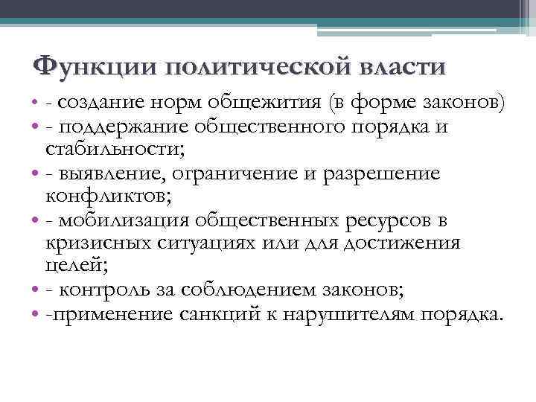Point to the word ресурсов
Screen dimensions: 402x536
(x=385, y=222)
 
